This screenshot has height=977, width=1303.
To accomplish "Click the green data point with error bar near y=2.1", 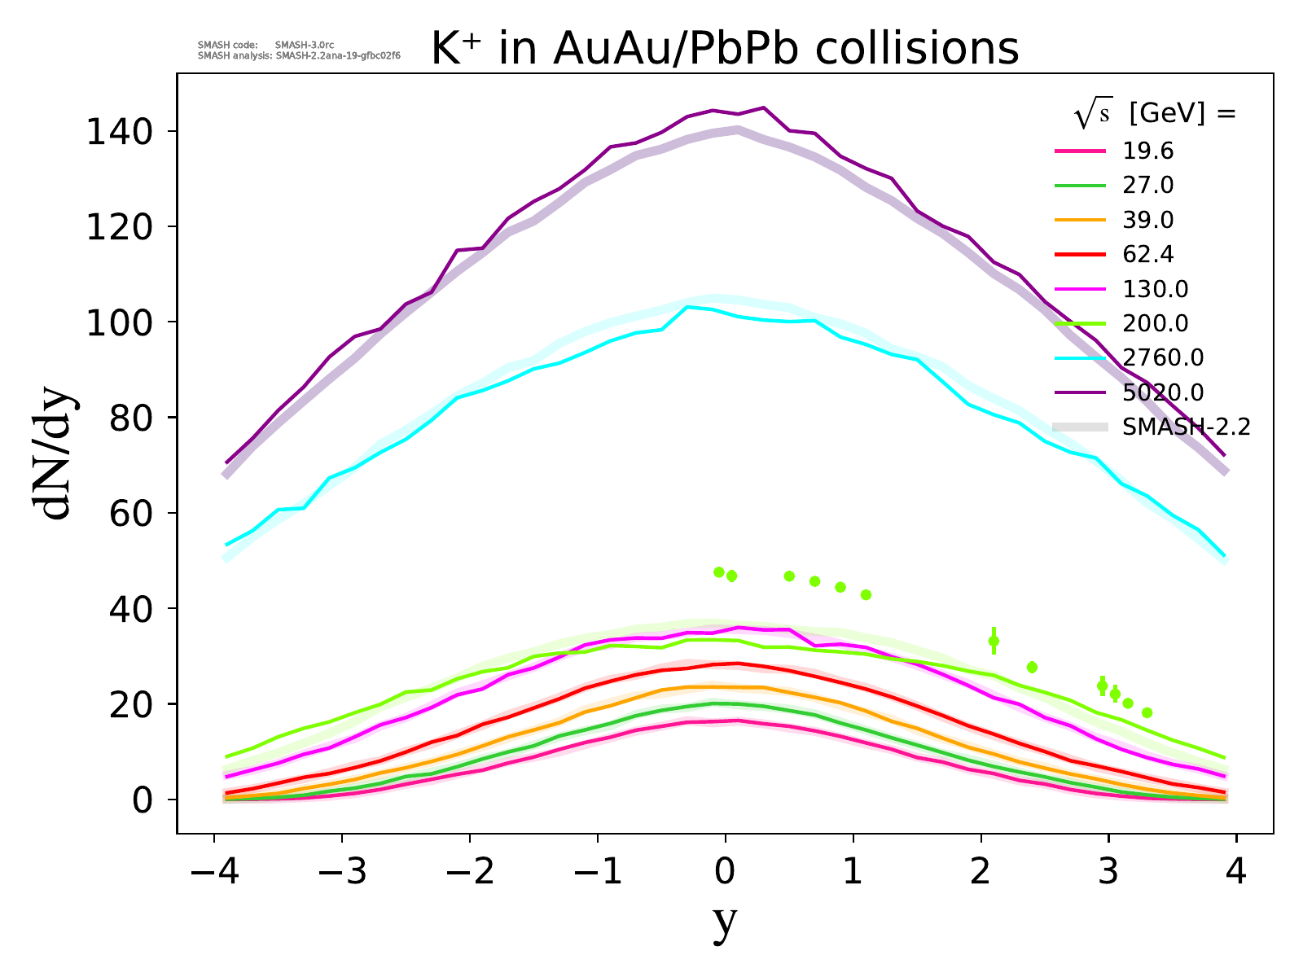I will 994,641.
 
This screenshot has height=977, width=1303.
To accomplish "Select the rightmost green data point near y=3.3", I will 1147,712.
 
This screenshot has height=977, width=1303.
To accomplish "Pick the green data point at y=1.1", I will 866,595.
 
